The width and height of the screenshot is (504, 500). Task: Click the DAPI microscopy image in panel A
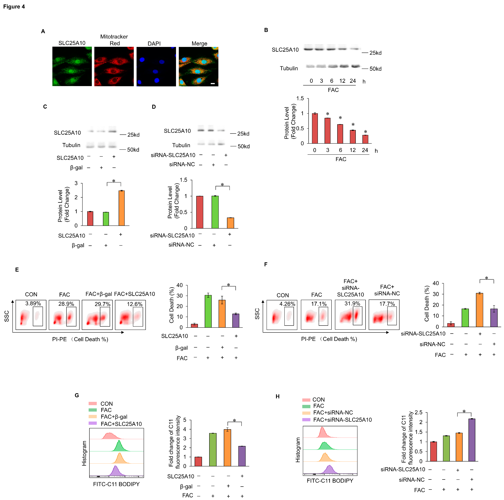coord(156,67)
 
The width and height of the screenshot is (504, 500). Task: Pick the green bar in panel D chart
coord(215,212)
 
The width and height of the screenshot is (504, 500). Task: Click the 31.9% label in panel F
coord(352,303)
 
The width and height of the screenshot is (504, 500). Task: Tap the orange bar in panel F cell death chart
coord(479,310)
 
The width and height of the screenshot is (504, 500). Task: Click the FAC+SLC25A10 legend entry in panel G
coord(121,424)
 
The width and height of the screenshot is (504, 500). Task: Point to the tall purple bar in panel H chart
coord(472,440)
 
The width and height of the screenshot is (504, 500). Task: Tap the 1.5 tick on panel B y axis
coord(300,99)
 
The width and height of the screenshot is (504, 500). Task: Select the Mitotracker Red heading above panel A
coord(114,40)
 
